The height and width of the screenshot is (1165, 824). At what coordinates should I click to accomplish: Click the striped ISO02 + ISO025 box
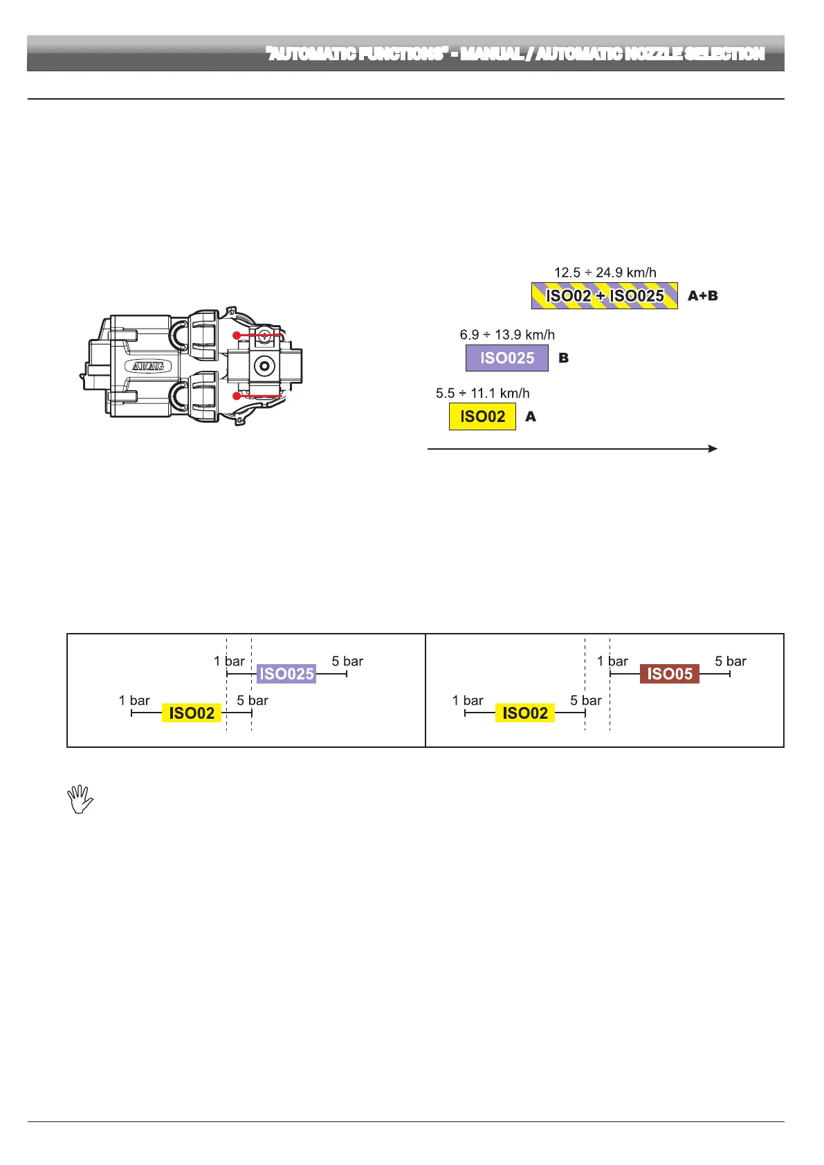click(x=604, y=296)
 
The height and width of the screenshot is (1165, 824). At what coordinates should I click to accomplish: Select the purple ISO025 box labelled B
click(x=507, y=358)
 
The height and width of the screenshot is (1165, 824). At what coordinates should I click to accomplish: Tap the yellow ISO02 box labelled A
click(x=482, y=416)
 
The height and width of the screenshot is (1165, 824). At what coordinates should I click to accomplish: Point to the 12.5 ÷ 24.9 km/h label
click(x=605, y=273)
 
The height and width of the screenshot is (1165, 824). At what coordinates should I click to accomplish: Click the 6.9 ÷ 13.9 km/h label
click(x=507, y=335)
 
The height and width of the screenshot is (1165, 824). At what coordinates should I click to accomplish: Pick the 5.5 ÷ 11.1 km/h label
click(x=482, y=394)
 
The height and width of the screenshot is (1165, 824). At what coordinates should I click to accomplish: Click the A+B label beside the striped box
click(x=702, y=296)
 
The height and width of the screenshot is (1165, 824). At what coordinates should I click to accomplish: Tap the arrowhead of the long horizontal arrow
click(x=713, y=449)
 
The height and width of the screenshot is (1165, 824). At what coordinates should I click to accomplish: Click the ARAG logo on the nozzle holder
click(x=148, y=366)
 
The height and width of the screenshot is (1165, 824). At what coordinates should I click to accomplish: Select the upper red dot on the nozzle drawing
click(x=237, y=336)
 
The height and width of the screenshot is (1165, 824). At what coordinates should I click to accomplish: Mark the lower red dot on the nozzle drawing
click(x=237, y=396)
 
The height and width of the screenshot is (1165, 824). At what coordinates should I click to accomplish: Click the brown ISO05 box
click(x=670, y=674)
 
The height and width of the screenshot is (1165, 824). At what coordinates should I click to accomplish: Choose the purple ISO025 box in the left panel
click(x=286, y=674)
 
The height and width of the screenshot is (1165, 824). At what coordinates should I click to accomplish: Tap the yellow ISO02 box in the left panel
click(x=192, y=713)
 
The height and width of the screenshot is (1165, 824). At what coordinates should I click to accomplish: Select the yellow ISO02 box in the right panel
click(x=525, y=713)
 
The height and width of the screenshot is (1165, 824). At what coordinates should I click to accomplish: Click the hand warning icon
click(x=80, y=799)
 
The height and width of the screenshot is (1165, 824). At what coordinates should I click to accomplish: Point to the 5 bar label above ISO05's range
click(x=731, y=661)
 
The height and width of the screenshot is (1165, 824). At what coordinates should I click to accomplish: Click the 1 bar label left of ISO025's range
click(x=229, y=661)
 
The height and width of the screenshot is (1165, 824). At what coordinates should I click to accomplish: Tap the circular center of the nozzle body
click(x=264, y=365)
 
